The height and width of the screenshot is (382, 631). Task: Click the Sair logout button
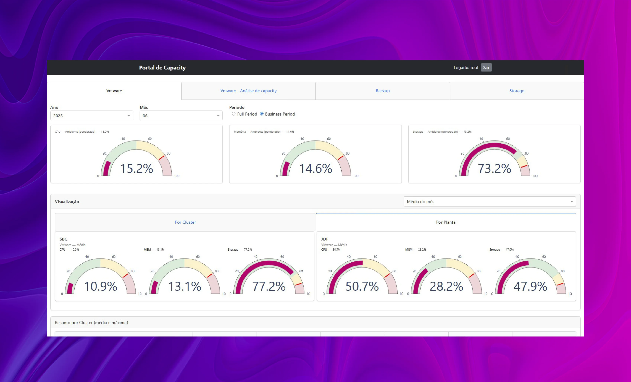point(486,68)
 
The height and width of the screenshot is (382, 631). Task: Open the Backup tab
point(383,91)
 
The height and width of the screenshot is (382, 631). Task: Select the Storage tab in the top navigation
point(517,91)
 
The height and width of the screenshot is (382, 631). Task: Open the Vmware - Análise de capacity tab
point(248,91)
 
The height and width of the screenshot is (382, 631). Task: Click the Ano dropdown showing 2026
point(92,116)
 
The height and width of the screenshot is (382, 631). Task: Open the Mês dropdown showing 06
point(181,116)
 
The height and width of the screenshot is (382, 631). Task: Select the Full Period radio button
point(234,114)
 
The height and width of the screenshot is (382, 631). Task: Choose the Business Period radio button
point(262,114)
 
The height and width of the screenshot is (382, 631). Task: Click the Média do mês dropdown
point(490,202)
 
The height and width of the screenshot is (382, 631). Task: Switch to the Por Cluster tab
point(185,222)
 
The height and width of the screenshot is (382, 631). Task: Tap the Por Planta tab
point(446,222)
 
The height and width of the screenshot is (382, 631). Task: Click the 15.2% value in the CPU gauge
point(136,169)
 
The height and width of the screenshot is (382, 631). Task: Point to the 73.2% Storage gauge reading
point(495,169)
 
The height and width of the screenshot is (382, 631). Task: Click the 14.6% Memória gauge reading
point(316,169)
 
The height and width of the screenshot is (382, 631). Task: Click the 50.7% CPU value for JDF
point(362,286)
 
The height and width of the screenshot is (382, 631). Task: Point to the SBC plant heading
point(63,239)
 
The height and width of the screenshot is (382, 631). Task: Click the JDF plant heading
point(325,239)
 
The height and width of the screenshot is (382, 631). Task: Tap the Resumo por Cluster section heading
point(91,323)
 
